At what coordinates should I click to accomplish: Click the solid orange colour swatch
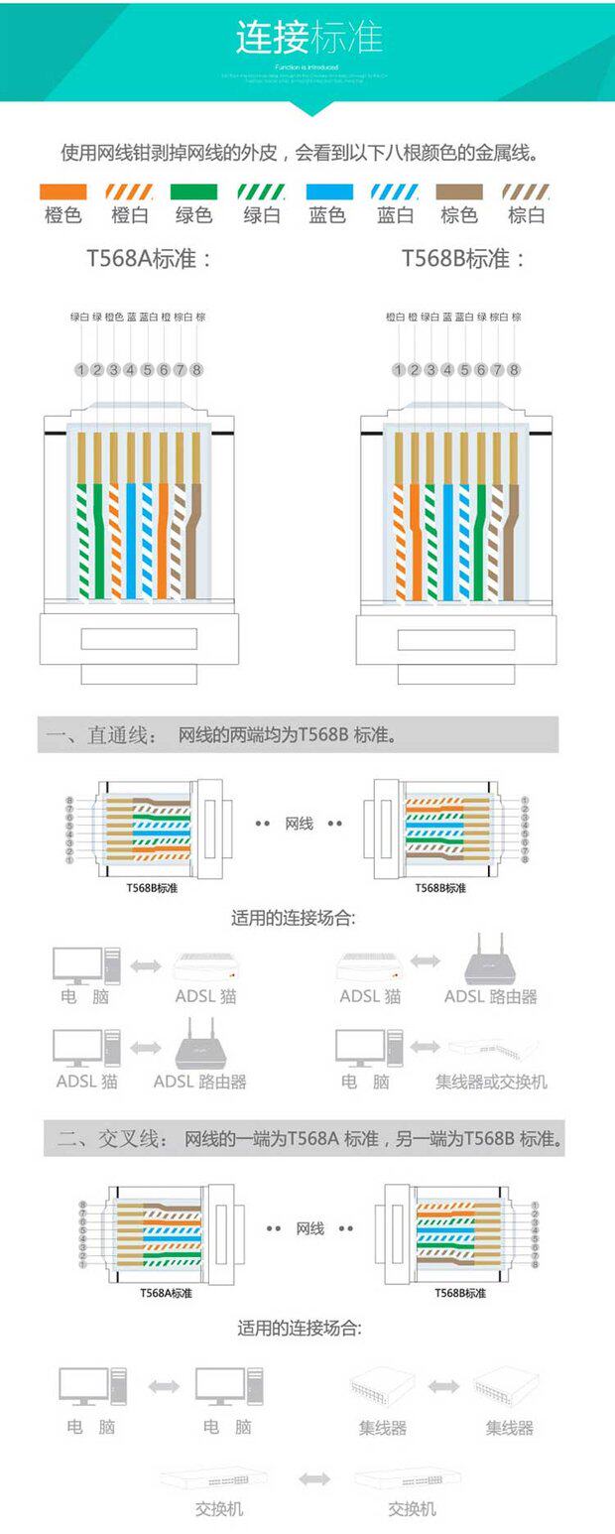coord(62,192)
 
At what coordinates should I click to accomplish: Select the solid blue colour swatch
coord(327,192)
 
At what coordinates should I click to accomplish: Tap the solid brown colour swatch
coord(459,192)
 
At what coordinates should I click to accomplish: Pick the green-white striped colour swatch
coord(261,192)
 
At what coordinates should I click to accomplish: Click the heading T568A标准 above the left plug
coord(149,259)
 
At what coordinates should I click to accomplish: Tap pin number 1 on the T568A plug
coord(80,370)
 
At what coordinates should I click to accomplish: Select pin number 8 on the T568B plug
coord(514,370)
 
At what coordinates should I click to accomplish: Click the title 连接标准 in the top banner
coord(308,39)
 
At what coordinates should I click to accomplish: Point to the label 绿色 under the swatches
coord(194,214)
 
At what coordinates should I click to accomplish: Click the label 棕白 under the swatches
coord(526,214)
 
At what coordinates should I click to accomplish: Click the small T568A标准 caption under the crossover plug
coord(166,1293)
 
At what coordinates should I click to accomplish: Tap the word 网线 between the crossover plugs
coord(309,1228)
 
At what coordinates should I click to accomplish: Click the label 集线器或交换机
coord(491,1082)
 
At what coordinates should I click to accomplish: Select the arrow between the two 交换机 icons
coord(314,1478)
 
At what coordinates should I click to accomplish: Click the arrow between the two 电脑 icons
coord(163,1386)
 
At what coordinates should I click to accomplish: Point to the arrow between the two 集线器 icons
coord(443,1386)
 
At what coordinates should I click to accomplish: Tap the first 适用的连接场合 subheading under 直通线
coord(293,918)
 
